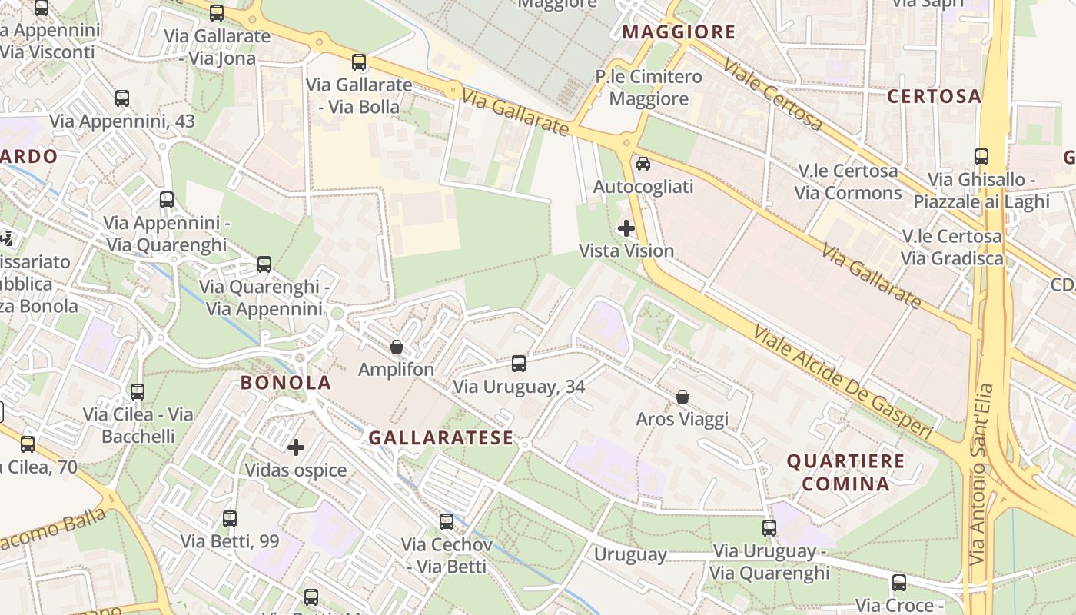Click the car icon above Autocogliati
(x=643, y=163)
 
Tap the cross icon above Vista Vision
(x=626, y=228)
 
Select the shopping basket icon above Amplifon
(x=397, y=347)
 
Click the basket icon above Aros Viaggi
(x=682, y=397)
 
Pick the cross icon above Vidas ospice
(x=296, y=447)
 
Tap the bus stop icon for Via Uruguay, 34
(x=519, y=363)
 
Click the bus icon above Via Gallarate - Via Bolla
(x=359, y=62)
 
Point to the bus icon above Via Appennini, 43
(x=122, y=98)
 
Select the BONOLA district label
(x=286, y=383)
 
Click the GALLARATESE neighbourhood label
(x=440, y=438)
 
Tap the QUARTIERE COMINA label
(x=845, y=472)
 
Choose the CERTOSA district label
(x=935, y=97)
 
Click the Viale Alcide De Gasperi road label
(x=843, y=383)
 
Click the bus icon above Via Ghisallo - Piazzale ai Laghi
(x=981, y=157)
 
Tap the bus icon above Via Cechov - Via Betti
(x=447, y=522)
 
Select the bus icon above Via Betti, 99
(x=230, y=519)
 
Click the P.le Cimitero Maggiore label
(x=649, y=88)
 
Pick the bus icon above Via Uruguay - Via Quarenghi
(x=769, y=528)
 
